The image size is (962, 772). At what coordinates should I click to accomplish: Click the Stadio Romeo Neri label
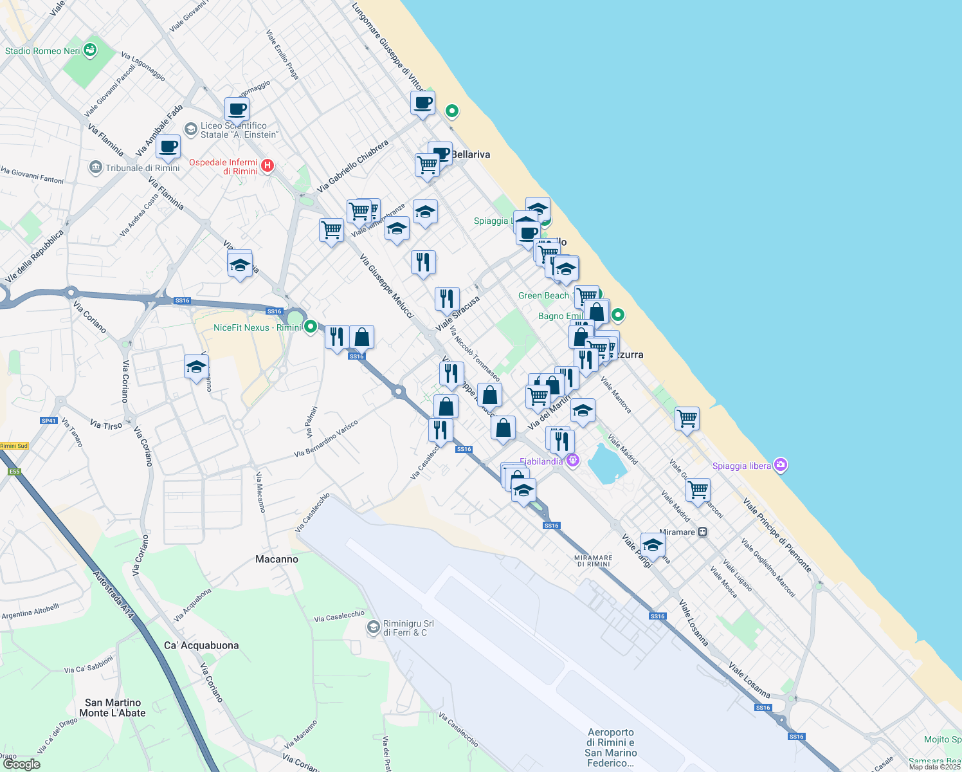(42, 51)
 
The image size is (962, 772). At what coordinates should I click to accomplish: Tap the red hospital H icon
(268, 166)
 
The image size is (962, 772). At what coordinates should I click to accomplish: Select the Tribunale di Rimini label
(143, 168)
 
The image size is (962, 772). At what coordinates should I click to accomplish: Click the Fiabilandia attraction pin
(573, 461)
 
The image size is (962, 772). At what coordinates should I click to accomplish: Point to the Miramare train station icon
(703, 532)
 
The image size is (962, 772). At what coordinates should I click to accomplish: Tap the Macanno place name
(277, 559)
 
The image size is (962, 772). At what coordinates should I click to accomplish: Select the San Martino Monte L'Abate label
(113, 708)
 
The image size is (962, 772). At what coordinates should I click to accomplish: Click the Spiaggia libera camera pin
(781, 465)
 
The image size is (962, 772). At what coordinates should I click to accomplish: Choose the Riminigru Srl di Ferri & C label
(408, 628)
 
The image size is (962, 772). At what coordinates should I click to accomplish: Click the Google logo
(21, 764)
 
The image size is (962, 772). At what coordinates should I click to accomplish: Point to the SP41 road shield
(49, 421)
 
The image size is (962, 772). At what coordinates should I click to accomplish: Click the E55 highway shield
(14, 472)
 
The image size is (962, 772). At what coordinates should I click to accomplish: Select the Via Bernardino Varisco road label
(325, 439)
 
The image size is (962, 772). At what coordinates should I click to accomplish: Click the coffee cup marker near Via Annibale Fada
(168, 147)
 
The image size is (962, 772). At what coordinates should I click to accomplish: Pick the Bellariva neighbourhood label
(471, 154)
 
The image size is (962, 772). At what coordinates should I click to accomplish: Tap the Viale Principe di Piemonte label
(777, 535)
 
